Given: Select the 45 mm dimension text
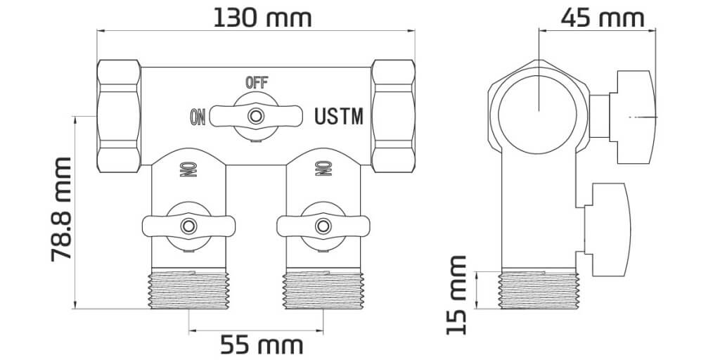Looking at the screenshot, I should click(602, 17).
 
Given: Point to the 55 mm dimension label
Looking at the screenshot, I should click(262, 345).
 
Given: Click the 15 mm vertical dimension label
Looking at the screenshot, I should click(456, 294).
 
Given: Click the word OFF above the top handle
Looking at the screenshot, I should click(256, 82).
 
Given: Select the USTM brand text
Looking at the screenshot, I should click(339, 116).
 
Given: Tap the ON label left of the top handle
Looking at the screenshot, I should click(197, 117).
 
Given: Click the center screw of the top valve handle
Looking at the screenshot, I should click(255, 115).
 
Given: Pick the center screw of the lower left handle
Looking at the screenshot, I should click(188, 226).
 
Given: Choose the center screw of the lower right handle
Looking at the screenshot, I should click(322, 226).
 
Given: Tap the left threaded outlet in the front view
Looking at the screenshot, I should click(188, 289).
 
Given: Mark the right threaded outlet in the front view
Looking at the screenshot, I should click(323, 289).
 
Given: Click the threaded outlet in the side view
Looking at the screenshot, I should click(538, 290).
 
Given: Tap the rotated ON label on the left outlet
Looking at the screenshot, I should click(188, 169).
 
